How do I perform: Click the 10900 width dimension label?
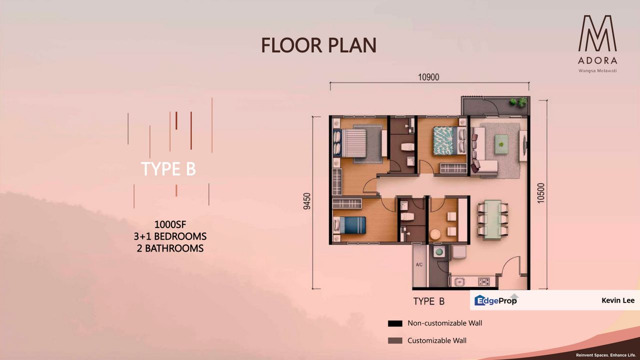(x=428, y=77)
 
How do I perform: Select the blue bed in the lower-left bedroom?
(x=350, y=225)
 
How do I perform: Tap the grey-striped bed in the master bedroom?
(x=359, y=142)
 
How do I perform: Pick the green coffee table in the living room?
(x=501, y=144)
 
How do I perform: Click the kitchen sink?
(x=459, y=282)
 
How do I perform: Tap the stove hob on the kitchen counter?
(x=483, y=281)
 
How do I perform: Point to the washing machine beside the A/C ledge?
(x=439, y=252)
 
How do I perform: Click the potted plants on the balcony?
(x=518, y=102)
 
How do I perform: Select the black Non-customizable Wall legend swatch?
(x=395, y=323)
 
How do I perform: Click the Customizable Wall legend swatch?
(x=395, y=341)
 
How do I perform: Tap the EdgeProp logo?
(x=495, y=300)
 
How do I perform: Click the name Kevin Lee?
(x=618, y=300)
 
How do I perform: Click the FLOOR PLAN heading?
(x=318, y=45)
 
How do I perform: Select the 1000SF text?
(x=170, y=224)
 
